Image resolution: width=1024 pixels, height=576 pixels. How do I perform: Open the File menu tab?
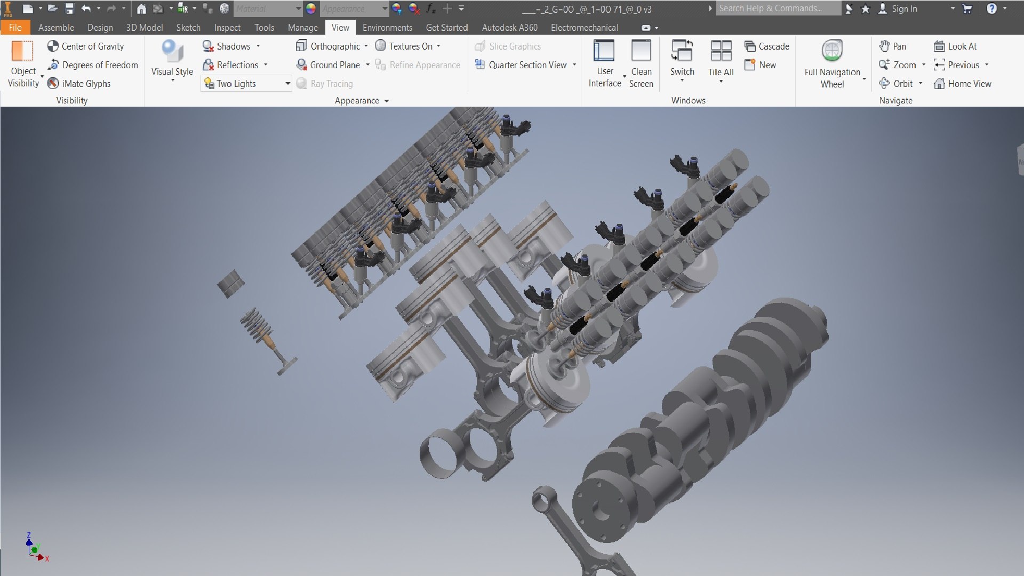pos(15,28)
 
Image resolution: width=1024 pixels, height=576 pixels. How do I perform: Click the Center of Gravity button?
pos(86,46)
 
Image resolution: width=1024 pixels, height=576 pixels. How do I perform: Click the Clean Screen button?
pos(641,63)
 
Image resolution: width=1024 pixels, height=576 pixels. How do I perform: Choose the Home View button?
pos(963,84)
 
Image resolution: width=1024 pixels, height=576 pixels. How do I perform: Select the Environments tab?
pos(387,28)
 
